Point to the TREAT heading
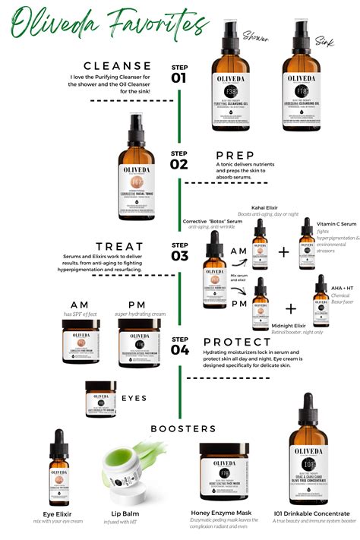pos(121,246)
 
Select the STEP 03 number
pos(179,254)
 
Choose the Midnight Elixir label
pos(289,326)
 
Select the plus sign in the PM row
pos(290,308)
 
